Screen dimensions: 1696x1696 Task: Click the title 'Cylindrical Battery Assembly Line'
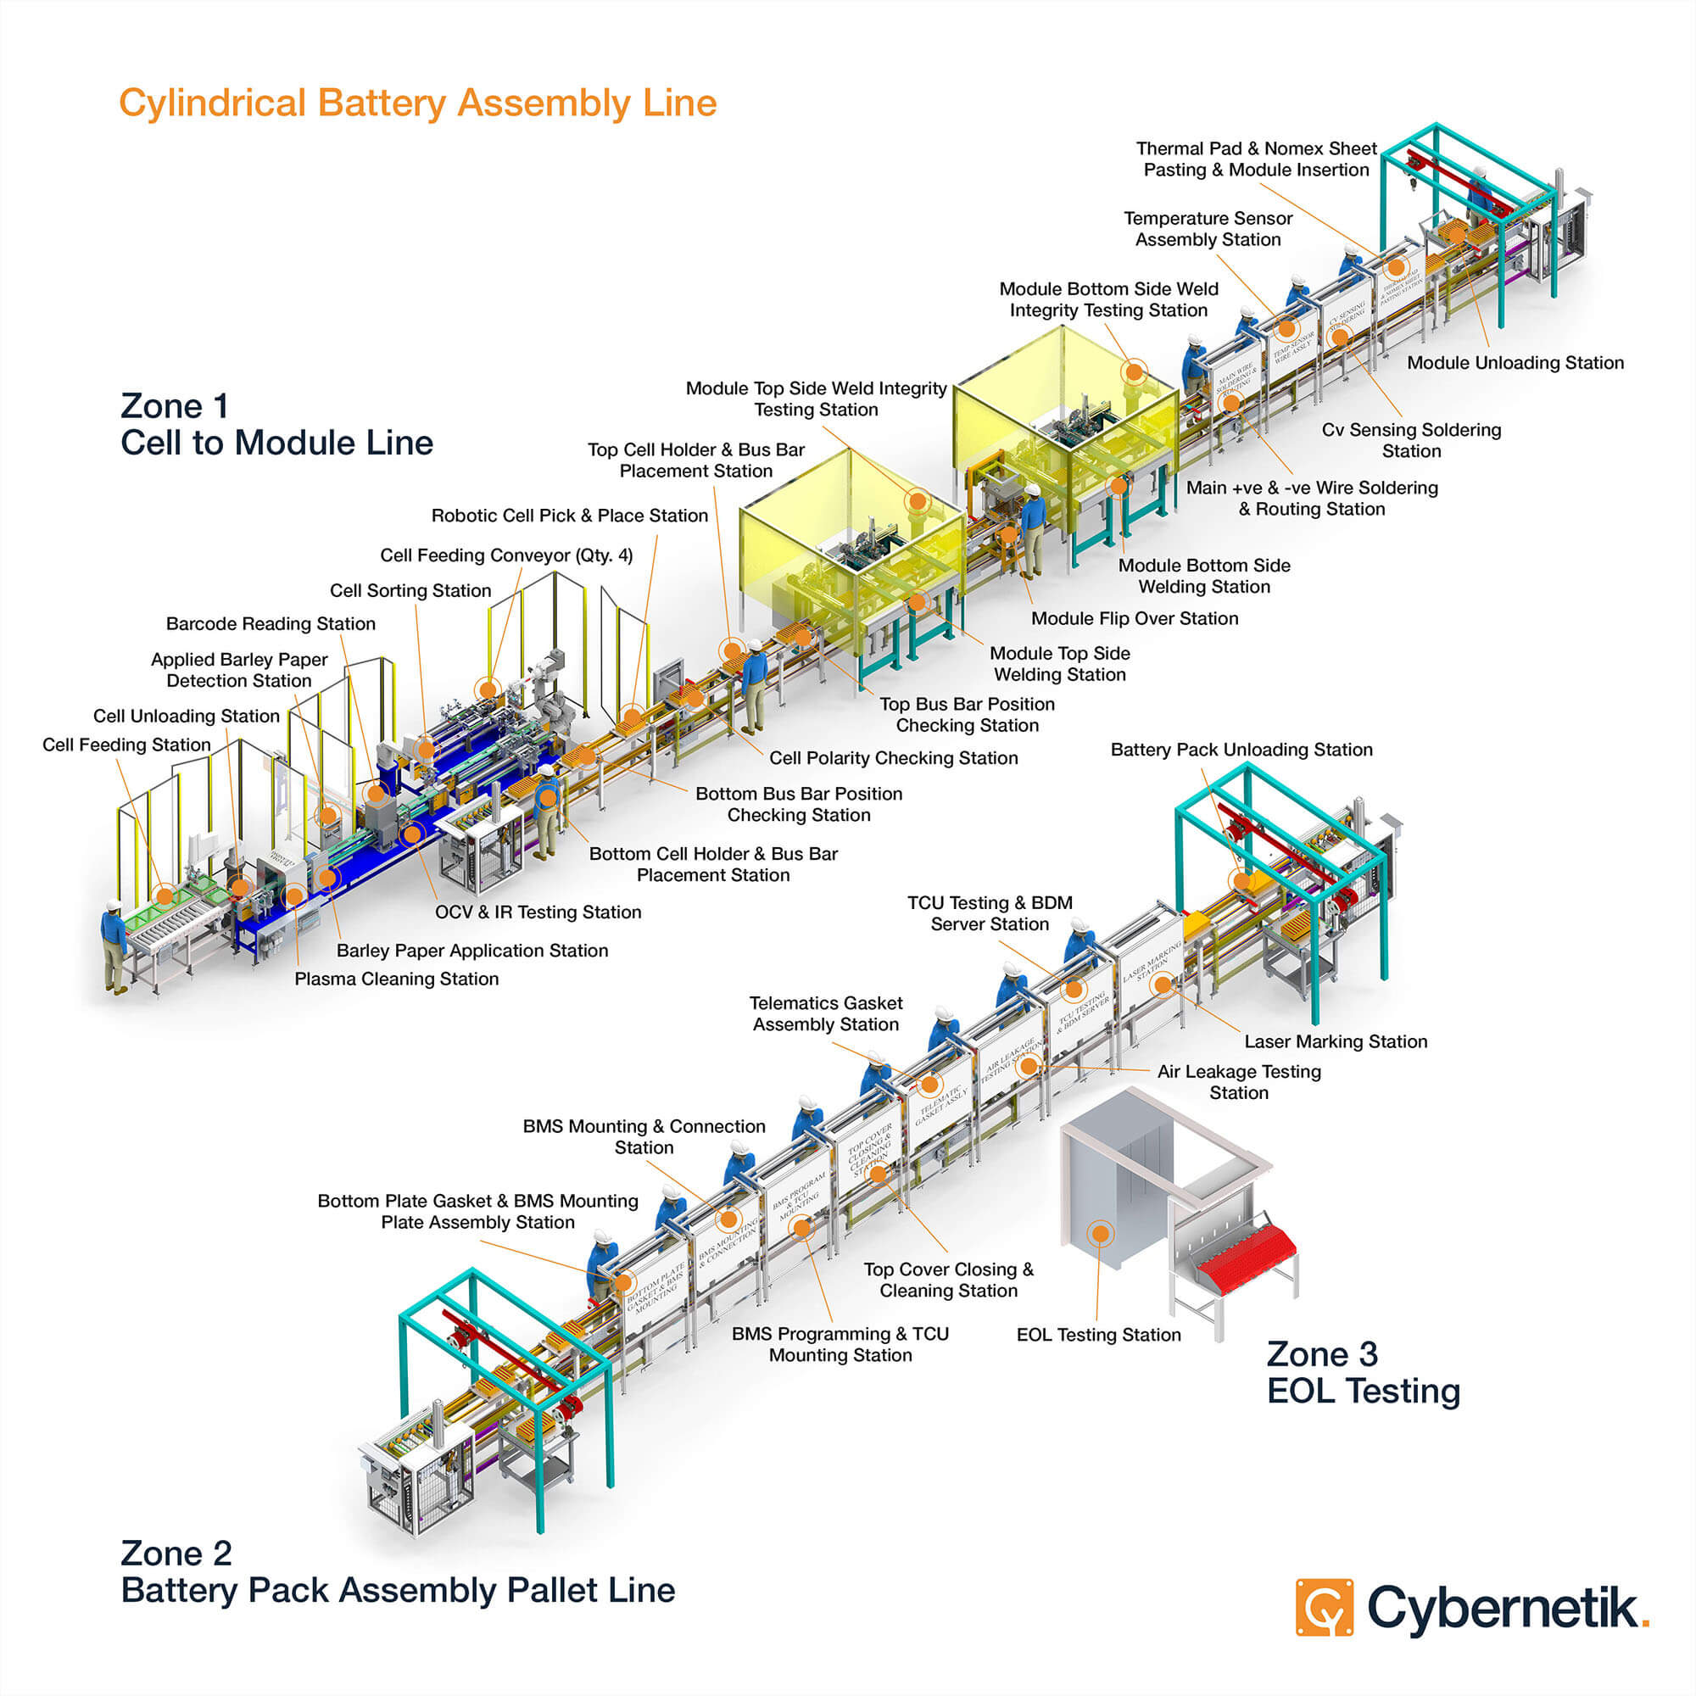click(x=418, y=103)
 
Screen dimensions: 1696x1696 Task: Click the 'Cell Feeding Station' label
click(x=126, y=745)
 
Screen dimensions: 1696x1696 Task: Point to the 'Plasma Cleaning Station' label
click(x=396, y=979)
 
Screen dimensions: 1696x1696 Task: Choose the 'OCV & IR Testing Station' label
click(x=538, y=912)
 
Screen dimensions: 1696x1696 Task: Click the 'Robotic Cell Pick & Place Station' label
click(x=569, y=516)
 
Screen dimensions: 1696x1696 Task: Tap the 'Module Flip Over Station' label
click(x=1134, y=618)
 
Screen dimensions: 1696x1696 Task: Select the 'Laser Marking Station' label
click(x=1336, y=1041)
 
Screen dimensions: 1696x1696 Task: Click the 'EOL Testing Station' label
click(x=1098, y=1334)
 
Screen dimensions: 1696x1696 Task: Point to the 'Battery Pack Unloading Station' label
click(x=1241, y=750)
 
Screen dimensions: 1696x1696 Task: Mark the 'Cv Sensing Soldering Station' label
click(x=1411, y=440)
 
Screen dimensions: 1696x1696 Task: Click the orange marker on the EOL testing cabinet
click(x=1100, y=1233)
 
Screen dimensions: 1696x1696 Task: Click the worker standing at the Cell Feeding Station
click(x=114, y=944)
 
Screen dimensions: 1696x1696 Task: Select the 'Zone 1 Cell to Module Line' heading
click(x=276, y=424)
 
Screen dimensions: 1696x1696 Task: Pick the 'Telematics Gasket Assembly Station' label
click(x=825, y=1013)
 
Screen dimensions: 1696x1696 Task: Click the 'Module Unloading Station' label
click(x=1515, y=363)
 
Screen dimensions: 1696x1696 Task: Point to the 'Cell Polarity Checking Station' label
click(x=893, y=757)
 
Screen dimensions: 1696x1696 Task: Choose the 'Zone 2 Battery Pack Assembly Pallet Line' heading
click(x=398, y=1571)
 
